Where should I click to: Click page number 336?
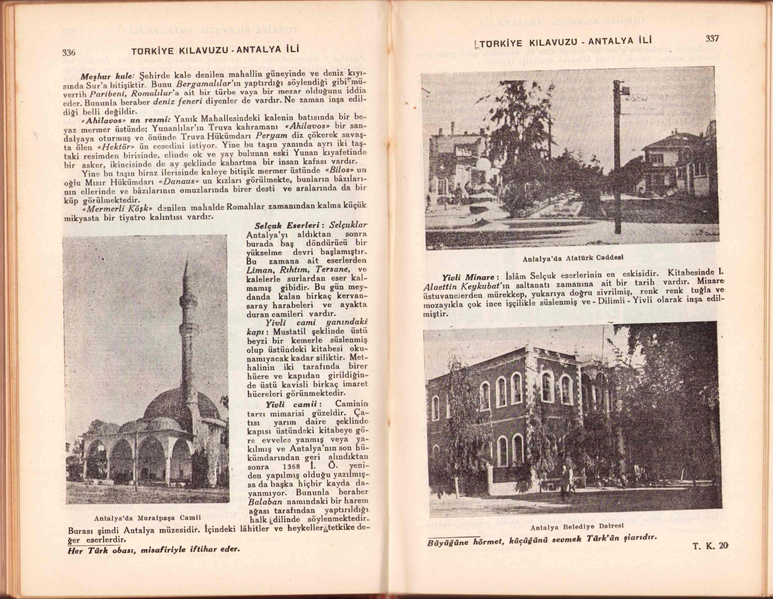pos(69,52)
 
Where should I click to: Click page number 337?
pos(712,38)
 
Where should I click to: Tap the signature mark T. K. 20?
pos(711,546)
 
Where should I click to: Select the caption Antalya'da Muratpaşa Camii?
pos(147,518)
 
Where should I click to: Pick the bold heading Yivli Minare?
pos(471,277)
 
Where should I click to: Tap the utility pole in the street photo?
pos(617,160)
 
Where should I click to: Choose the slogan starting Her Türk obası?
pos(154,549)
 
